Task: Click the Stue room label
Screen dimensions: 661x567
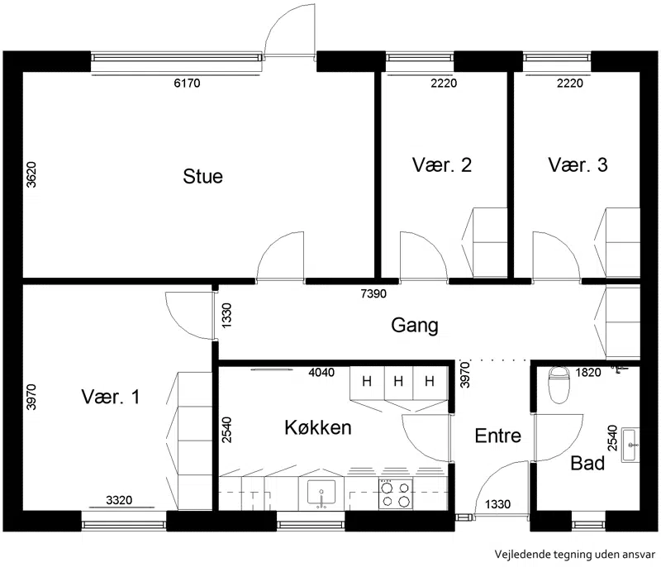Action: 202,176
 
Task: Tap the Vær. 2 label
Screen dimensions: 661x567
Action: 442,164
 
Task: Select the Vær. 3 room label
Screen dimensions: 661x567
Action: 578,164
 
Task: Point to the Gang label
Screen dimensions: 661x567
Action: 415,326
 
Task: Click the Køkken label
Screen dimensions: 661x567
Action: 318,427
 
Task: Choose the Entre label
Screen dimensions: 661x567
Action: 498,436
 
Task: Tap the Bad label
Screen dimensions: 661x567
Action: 587,463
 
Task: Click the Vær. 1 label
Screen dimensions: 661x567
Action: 111,397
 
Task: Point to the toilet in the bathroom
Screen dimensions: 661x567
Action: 559,384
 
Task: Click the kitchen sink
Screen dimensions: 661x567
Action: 321,493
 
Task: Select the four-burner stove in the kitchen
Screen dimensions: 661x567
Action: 396,494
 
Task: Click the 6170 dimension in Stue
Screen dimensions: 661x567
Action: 187,83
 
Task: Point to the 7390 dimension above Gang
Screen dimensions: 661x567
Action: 373,293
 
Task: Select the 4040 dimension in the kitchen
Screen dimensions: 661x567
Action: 321,372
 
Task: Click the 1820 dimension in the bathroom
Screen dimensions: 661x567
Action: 588,372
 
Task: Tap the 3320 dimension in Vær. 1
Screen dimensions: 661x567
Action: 119,500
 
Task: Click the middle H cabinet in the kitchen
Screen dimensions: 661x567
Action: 398,382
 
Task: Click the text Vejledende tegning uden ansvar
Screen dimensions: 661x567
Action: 575,554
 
